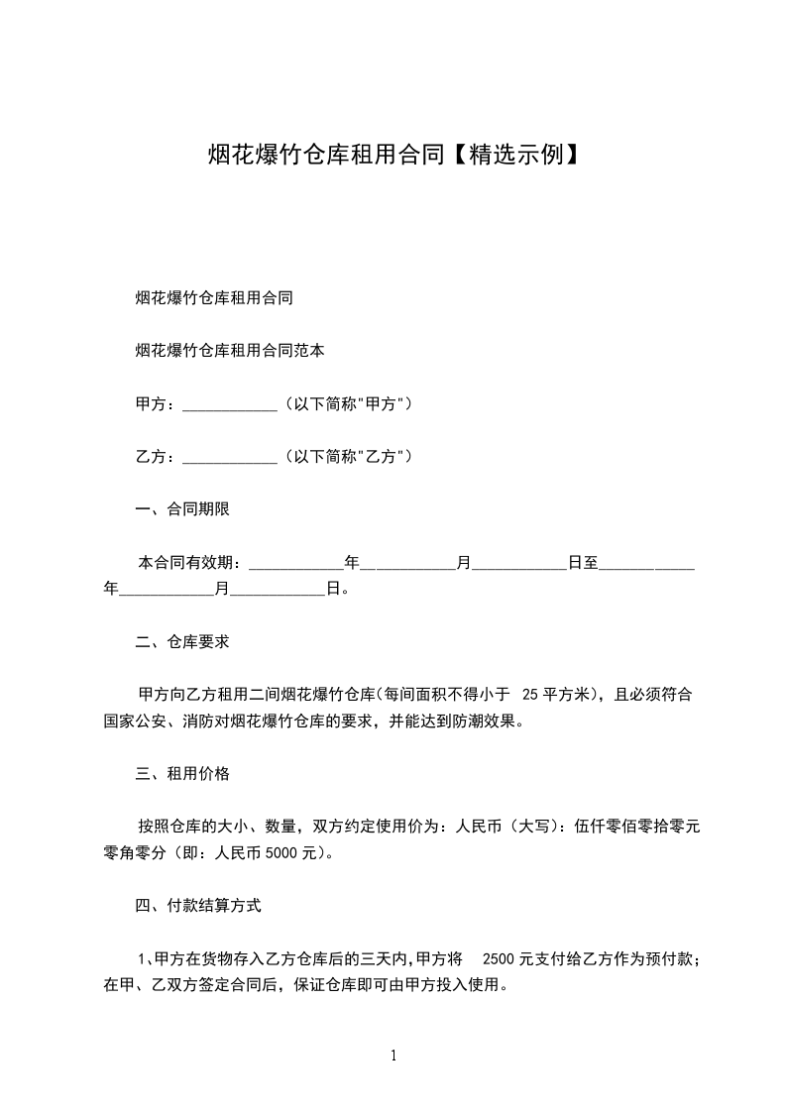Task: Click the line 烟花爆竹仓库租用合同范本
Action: tap(230, 351)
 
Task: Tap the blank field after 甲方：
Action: tap(231, 405)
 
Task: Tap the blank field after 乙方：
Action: tap(231, 458)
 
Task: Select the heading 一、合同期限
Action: tap(182, 510)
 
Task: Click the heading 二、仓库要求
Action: tap(182, 641)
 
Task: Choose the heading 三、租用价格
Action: tap(182, 773)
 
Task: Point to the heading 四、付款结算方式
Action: tap(198, 905)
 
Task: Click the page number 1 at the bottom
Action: tap(393, 1056)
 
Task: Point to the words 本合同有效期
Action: tap(187, 563)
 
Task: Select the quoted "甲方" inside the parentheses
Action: tap(382, 404)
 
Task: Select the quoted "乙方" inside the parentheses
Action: tap(382, 457)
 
